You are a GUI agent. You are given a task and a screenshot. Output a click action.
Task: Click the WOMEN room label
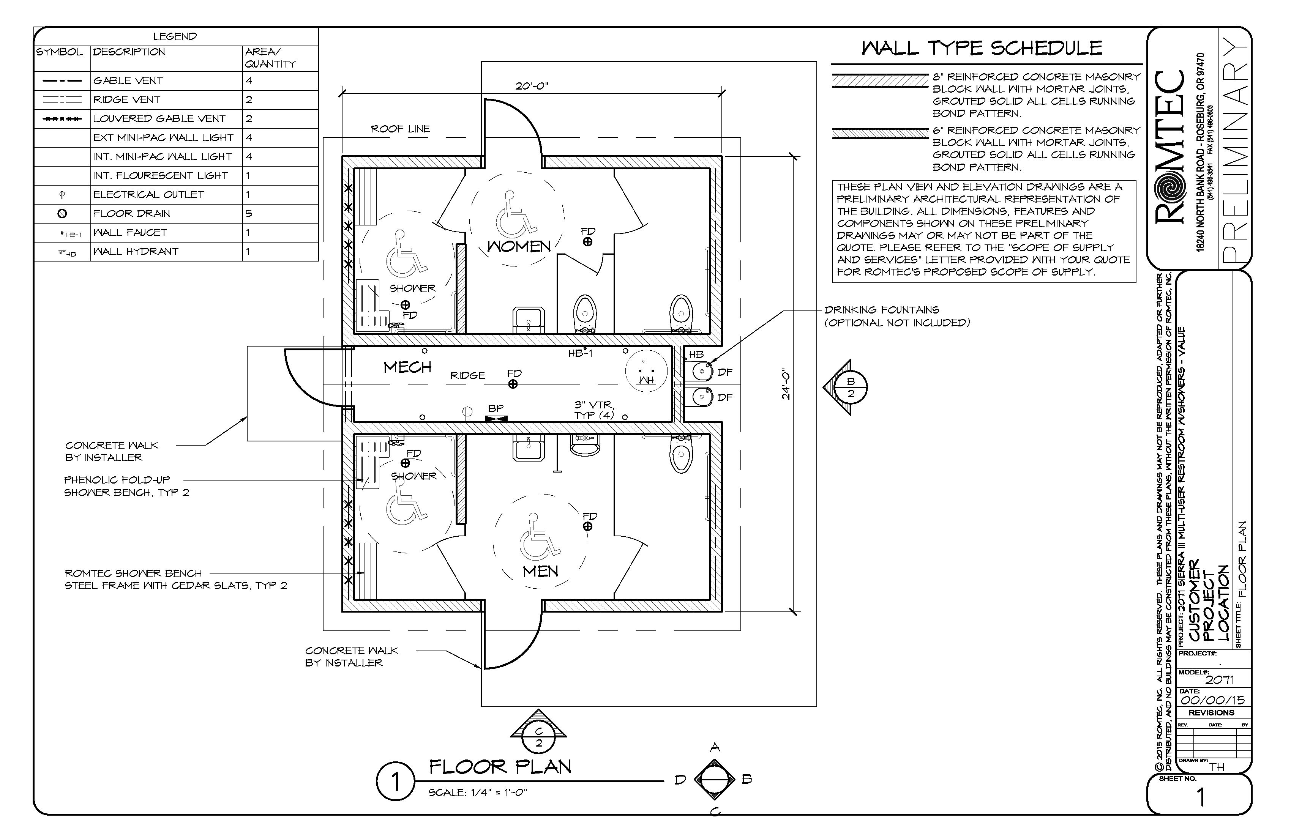[x=519, y=247]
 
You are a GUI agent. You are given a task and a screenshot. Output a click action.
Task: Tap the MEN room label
[x=540, y=572]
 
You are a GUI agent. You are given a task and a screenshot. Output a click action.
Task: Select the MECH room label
[x=407, y=368]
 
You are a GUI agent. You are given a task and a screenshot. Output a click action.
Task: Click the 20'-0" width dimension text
[x=532, y=86]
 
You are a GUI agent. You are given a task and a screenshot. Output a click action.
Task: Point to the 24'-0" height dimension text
[x=786, y=386]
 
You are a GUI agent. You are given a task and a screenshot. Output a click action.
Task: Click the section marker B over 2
[x=850, y=388]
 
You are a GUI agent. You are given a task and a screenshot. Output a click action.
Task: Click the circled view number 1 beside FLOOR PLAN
[x=395, y=782]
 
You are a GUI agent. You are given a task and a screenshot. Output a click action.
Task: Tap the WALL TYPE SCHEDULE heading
[x=982, y=48]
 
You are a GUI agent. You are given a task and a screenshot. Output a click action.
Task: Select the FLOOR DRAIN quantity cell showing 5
[x=249, y=214]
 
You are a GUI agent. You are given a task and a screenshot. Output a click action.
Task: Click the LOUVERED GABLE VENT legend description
[x=159, y=119]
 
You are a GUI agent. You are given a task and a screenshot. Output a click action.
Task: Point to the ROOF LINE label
[x=400, y=129]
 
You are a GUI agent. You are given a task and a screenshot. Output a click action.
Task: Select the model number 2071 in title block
[x=1219, y=680]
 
